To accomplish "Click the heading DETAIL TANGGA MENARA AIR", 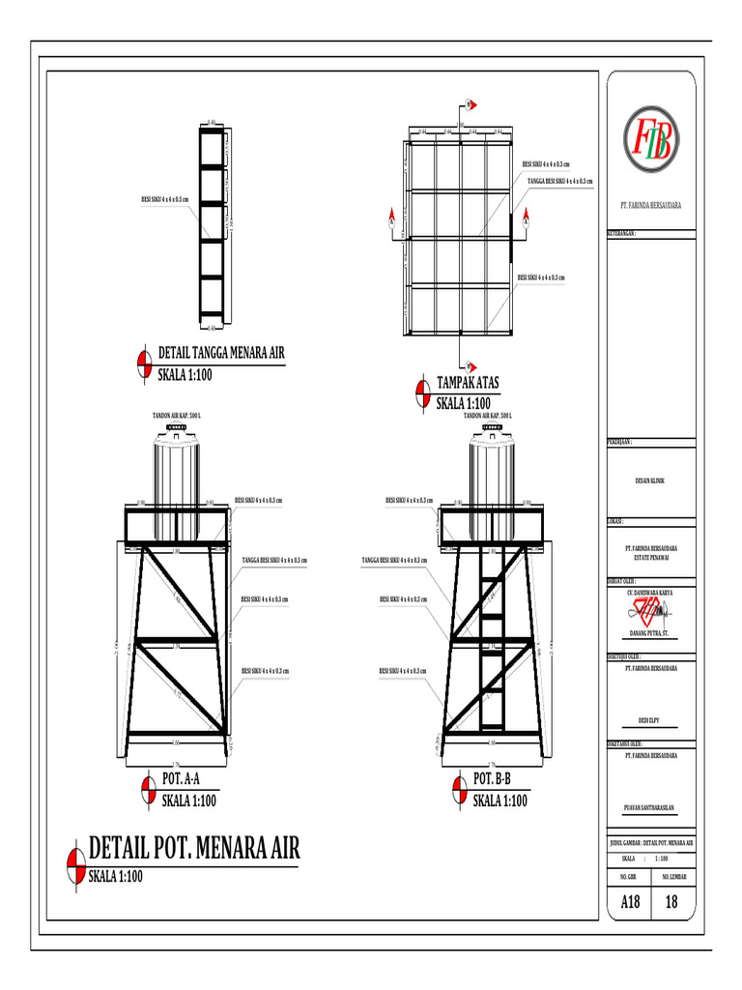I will click(220, 352).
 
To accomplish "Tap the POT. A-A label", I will click(180, 780).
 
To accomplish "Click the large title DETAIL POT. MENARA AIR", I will click(194, 849).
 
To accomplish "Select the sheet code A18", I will click(629, 903).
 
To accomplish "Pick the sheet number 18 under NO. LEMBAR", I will click(672, 903).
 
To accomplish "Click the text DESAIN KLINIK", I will click(650, 480).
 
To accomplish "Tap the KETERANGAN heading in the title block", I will click(622, 233).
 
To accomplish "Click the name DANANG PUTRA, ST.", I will click(650, 634).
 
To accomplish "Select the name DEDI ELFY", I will click(650, 720).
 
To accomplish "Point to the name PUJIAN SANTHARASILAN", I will click(650, 806).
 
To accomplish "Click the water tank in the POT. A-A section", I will click(175, 469).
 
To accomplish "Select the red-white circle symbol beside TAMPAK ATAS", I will click(422, 393).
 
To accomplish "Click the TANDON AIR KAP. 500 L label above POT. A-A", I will click(177, 415).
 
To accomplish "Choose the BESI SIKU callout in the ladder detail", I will click(165, 200).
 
